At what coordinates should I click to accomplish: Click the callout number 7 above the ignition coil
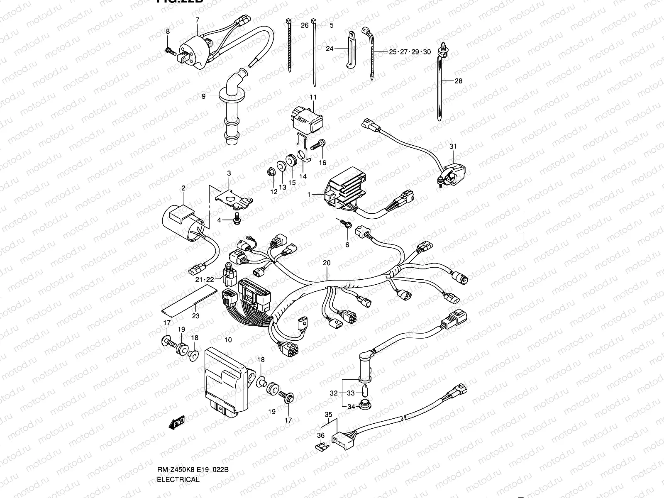[x=197, y=20]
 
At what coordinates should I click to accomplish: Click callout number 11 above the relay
[x=312, y=97]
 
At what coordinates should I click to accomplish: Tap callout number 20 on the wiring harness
[x=327, y=263]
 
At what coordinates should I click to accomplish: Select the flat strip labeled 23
[x=189, y=299]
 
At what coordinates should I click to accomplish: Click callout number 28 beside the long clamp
[x=458, y=81]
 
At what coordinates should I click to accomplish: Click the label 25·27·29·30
[x=410, y=52]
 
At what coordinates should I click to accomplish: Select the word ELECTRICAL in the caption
[x=178, y=479]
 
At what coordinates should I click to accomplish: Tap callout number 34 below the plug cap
[x=351, y=407]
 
